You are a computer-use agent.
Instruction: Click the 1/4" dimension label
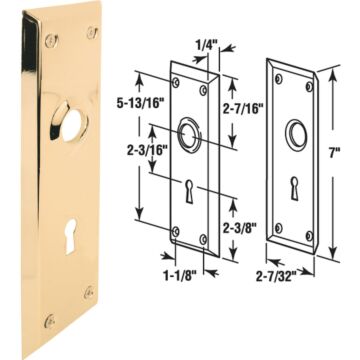[x=207, y=45]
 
